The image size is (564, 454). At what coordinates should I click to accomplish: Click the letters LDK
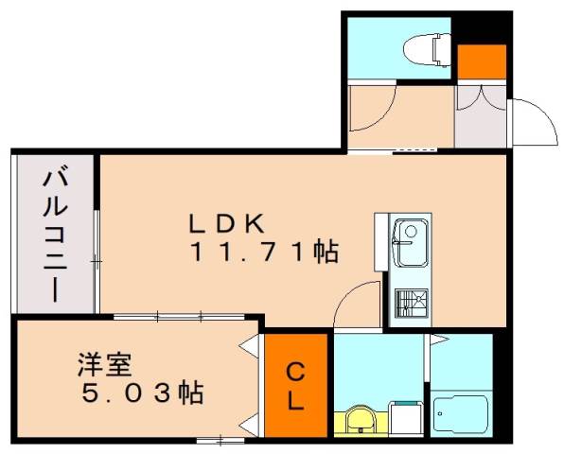click(x=231, y=225)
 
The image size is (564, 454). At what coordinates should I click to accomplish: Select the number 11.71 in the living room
click(x=250, y=253)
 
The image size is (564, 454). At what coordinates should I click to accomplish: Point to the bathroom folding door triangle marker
click(x=432, y=338)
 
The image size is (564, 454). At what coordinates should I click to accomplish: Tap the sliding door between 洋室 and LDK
click(x=170, y=316)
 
